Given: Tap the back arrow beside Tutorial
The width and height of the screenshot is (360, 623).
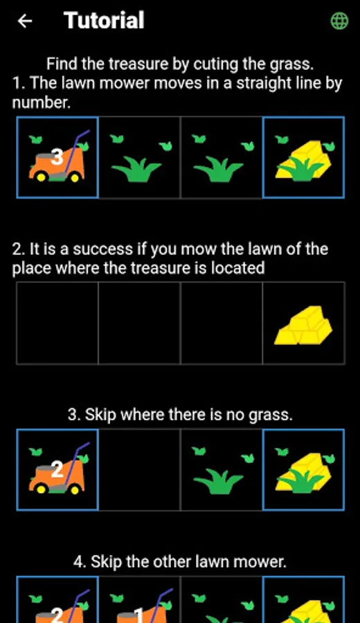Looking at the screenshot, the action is tap(25, 21).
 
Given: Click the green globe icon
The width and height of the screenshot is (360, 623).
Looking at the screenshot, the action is tap(339, 21).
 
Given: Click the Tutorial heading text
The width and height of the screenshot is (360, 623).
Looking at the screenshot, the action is tap(104, 20).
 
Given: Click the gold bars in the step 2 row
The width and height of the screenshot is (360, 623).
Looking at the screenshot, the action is tap(303, 325).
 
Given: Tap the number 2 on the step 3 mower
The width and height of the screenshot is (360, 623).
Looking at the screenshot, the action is tap(57, 471).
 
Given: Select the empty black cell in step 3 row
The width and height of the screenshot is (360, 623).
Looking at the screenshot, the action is tap(139, 469).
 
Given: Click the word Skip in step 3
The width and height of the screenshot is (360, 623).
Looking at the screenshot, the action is tap(101, 415).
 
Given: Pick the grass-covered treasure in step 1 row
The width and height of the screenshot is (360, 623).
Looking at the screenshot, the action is tap(303, 158).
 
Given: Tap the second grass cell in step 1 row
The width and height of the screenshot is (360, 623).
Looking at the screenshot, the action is tap(139, 158).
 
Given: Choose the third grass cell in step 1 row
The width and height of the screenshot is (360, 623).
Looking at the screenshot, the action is tap(222, 158).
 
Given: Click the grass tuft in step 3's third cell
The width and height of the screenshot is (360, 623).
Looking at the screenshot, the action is tap(219, 482).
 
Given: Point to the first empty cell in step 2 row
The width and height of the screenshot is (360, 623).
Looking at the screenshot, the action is tap(57, 323).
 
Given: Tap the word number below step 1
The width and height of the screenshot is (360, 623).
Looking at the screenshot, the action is tap(41, 103).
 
